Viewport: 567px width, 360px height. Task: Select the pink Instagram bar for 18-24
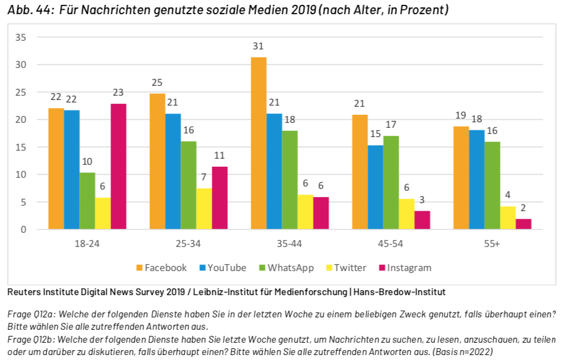tap(118, 167)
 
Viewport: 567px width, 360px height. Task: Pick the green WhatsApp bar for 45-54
tap(391, 183)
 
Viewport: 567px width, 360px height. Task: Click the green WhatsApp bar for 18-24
tap(88, 201)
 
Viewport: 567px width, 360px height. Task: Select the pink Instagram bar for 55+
tap(523, 224)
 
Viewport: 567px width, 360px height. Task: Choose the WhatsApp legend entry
tap(286, 267)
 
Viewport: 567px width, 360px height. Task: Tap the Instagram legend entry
tap(404, 267)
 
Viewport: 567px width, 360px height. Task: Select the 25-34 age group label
tap(187, 244)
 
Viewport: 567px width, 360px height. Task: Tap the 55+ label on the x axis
tap(492, 244)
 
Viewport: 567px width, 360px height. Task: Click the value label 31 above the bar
tap(259, 46)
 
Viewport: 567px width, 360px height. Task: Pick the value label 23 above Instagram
tap(118, 93)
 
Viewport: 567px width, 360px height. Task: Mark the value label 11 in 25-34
tap(219, 156)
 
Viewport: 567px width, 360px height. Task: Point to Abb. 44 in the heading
tap(29, 10)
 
